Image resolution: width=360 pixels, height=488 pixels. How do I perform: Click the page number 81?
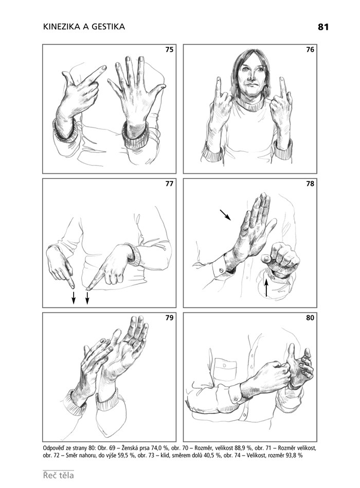(323, 27)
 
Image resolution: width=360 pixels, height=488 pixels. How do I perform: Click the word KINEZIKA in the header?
(62, 27)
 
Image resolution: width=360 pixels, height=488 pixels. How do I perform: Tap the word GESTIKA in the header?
(107, 27)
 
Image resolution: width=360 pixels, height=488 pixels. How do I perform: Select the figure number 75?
(169, 49)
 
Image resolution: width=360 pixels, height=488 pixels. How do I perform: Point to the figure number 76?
(310, 49)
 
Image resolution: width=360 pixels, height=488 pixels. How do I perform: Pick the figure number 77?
(169, 184)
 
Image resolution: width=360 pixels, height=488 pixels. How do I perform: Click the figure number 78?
(310, 184)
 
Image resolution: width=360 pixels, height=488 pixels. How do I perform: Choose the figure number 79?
(169, 318)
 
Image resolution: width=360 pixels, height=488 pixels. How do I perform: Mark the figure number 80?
(310, 318)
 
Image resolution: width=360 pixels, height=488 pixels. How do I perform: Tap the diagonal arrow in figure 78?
(225, 215)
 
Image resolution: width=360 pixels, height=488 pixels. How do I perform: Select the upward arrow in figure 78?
(266, 287)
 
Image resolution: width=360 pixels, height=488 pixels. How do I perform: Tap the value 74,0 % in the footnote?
(160, 448)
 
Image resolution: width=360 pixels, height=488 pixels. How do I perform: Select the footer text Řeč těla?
(59, 475)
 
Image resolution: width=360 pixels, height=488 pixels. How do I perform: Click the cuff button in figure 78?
(221, 270)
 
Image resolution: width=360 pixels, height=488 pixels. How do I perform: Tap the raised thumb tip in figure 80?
(291, 346)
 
